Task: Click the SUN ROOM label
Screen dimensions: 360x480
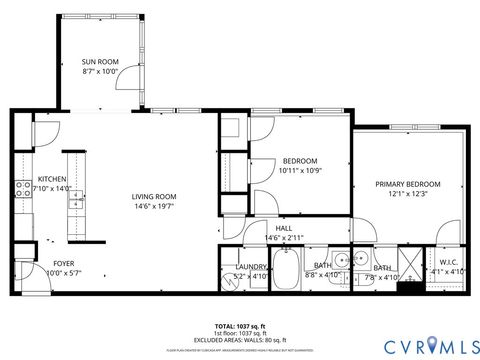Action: [x=99, y=61]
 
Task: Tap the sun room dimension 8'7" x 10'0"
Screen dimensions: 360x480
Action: [x=99, y=72]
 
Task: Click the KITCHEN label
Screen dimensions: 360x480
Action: [x=51, y=178]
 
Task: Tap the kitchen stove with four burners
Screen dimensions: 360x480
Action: [x=21, y=191]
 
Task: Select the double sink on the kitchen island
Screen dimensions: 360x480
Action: [x=75, y=199]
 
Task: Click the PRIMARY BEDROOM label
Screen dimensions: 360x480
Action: [x=407, y=184]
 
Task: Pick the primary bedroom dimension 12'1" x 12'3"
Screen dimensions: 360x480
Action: [x=407, y=195]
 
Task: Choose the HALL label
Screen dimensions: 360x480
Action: [x=283, y=227]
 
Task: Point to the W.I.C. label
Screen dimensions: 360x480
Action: [x=447, y=262]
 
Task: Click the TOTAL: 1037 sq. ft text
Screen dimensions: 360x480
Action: [x=240, y=327]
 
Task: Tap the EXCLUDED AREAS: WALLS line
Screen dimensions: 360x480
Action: [x=240, y=341]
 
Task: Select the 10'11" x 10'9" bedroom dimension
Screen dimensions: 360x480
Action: [x=300, y=171]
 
